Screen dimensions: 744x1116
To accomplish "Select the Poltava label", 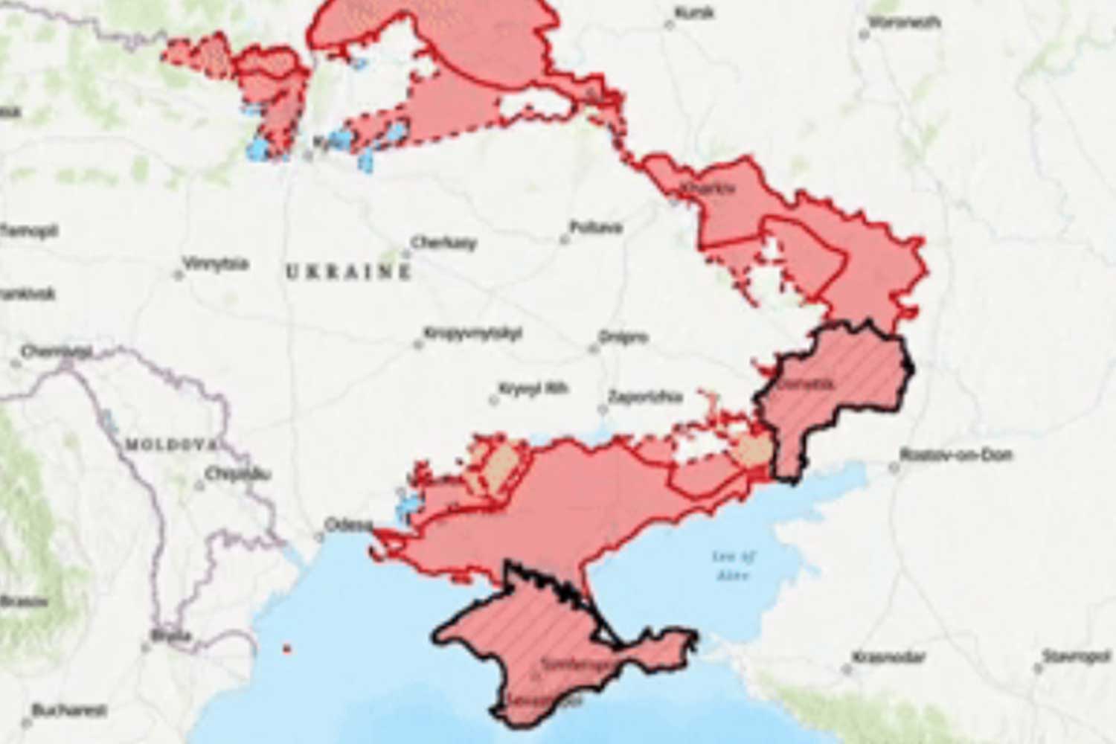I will click(x=595, y=228).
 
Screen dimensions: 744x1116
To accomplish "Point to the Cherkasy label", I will click(x=443, y=243).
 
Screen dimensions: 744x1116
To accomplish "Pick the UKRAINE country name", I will click(x=348, y=272).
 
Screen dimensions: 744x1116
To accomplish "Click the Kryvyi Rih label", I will click(x=533, y=389).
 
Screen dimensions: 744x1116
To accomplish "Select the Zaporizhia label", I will click(x=644, y=397).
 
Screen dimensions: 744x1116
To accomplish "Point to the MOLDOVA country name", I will click(x=170, y=445).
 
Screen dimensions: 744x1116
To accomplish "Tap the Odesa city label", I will click(x=348, y=525).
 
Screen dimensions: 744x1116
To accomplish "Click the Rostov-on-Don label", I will click(x=955, y=455).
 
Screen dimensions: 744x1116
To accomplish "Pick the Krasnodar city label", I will click(x=888, y=658).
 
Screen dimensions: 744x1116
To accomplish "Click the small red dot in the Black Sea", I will click(x=287, y=650).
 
